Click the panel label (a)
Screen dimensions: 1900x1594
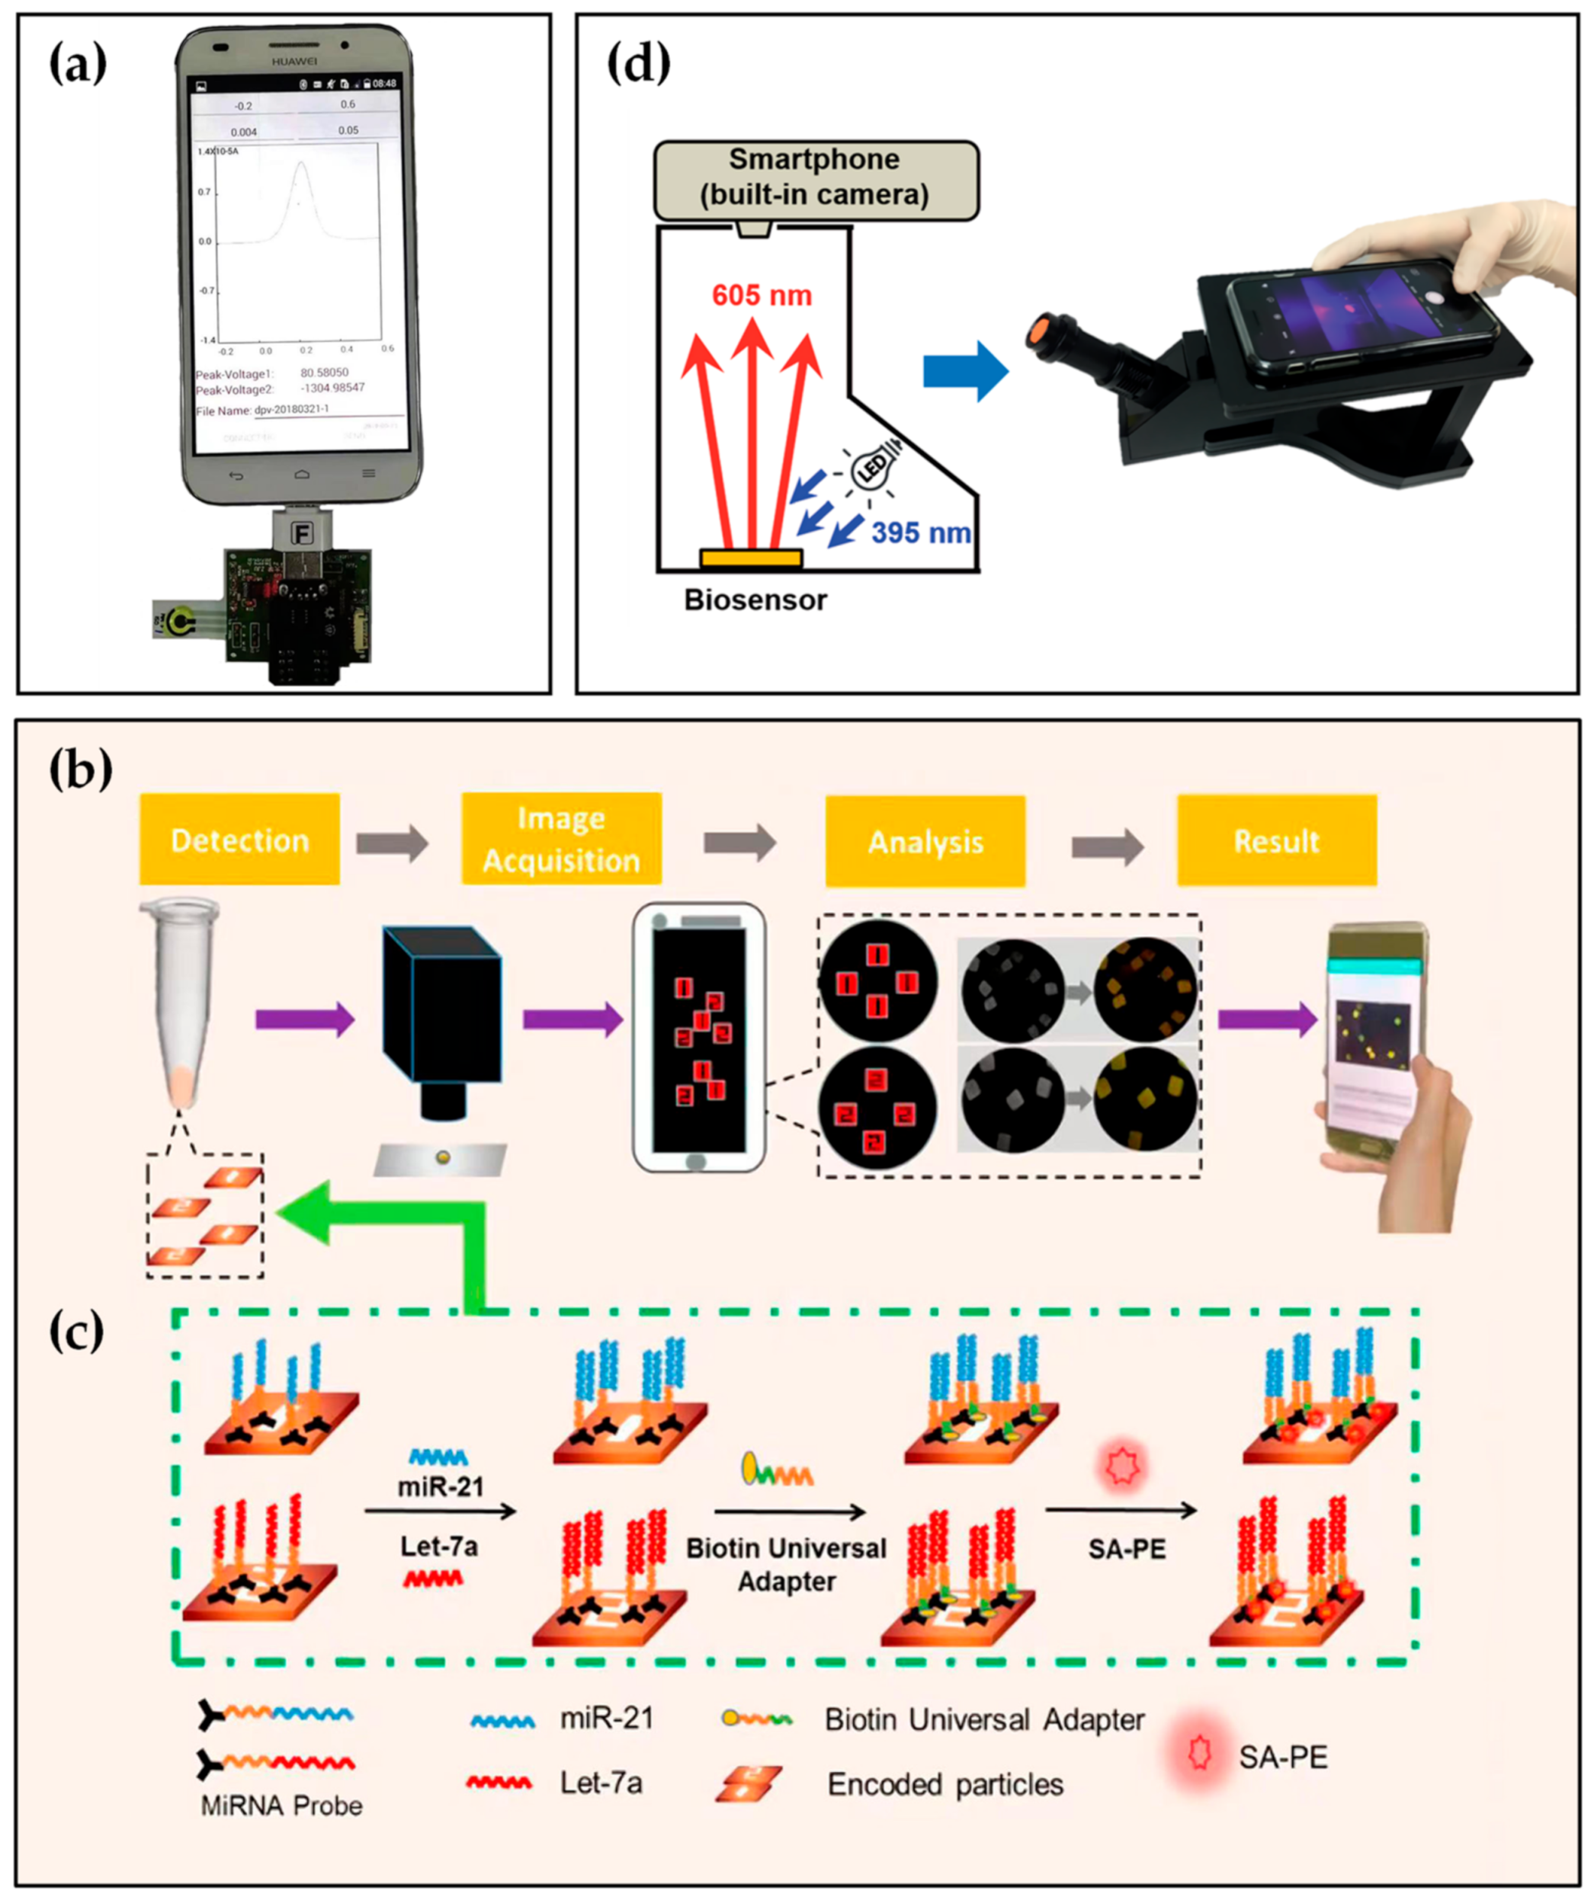tap(77, 66)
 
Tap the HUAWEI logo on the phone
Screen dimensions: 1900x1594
tap(294, 62)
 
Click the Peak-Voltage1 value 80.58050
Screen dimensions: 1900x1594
tap(323, 372)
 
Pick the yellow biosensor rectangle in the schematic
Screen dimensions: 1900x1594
tap(750, 558)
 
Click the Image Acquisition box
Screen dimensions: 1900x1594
tap(560, 839)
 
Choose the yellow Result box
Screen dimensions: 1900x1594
tap(1275, 840)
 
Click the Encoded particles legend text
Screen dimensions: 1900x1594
tap(945, 1784)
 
